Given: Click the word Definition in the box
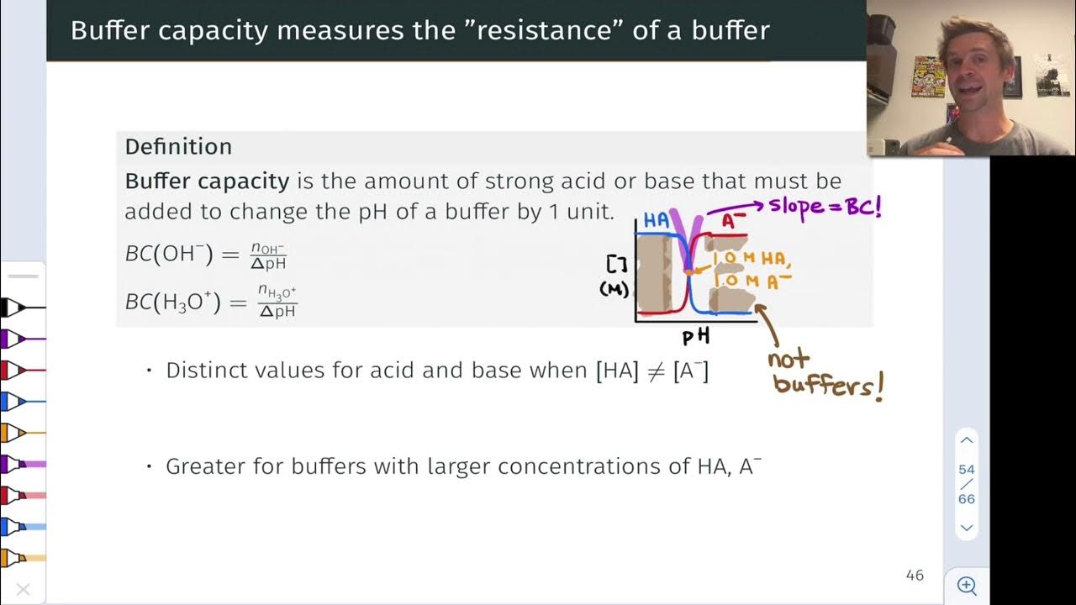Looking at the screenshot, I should (178, 147).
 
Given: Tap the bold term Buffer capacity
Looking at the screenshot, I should (207, 181).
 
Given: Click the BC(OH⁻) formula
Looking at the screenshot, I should (206, 255).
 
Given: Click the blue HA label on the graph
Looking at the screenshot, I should (657, 220).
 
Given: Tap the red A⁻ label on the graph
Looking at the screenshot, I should (734, 221).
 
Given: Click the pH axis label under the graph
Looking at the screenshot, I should (696, 337).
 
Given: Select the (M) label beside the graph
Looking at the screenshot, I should (615, 289).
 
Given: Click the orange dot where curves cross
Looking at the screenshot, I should (688, 271).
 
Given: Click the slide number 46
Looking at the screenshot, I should (915, 576).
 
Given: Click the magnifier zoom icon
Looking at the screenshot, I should (967, 586).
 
